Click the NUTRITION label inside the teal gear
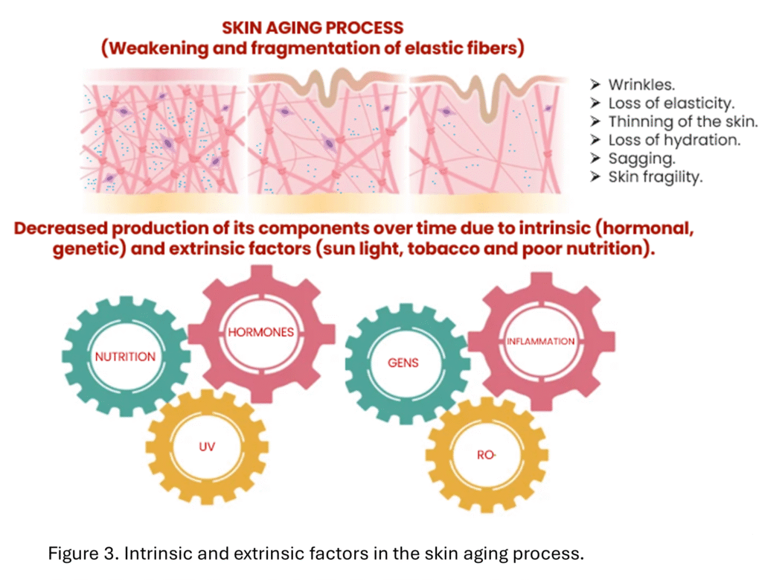pyautogui.click(x=125, y=357)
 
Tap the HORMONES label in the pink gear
pyautogui.click(x=261, y=332)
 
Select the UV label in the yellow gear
pyautogui.click(x=207, y=446)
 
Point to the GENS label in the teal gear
pyautogui.click(x=403, y=363)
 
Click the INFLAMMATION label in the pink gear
pyautogui.click(x=540, y=341)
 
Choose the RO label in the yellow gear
pyautogui.click(x=486, y=455)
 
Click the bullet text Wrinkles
pyautogui.click(x=641, y=85)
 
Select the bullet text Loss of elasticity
pyautogui.click(x=671, y=103)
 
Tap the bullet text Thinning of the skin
pyautogui.click(x=683, y=121)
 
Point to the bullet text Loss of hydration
pyautogui.click(x=674, y=140)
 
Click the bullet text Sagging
pyautogui.click(x=642, y=159)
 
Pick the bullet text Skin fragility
pyautogui.click(x=656, y=177)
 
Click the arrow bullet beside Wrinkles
pyautogui.click(x=596, y=85)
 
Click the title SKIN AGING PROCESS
pyautogui.click(x=313, y=28)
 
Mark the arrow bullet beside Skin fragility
pyautogui.click(x=596, y=177)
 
